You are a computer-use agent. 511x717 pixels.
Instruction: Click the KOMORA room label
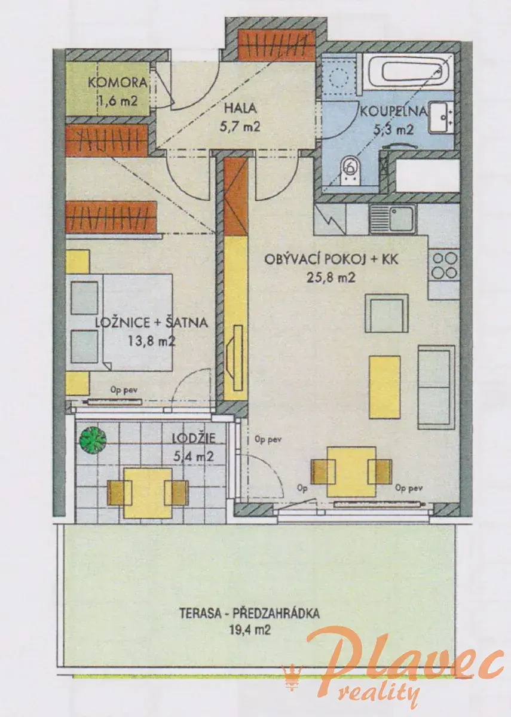click(x=118, y=83)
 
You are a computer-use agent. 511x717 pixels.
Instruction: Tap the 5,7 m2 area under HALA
click(x=240, y=128)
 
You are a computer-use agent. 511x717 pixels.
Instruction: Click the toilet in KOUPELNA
click(x=351, y=170)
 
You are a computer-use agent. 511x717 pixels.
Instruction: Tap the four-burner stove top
click(x=444, y=265)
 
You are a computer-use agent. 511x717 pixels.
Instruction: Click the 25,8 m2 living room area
click(x=331, y=277)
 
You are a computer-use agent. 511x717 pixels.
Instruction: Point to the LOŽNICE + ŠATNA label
click(x=152, y=322)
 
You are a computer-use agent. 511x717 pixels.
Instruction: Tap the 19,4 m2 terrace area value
click(x=250, y=630)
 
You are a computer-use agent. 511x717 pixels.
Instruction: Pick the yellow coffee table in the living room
click(x=384, y=387)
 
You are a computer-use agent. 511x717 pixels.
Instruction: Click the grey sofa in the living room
click(x=436, y=387)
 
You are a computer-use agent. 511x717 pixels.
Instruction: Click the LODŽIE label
click(x=194, y=438)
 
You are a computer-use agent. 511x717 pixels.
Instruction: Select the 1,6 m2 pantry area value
click(x=117, y=101)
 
